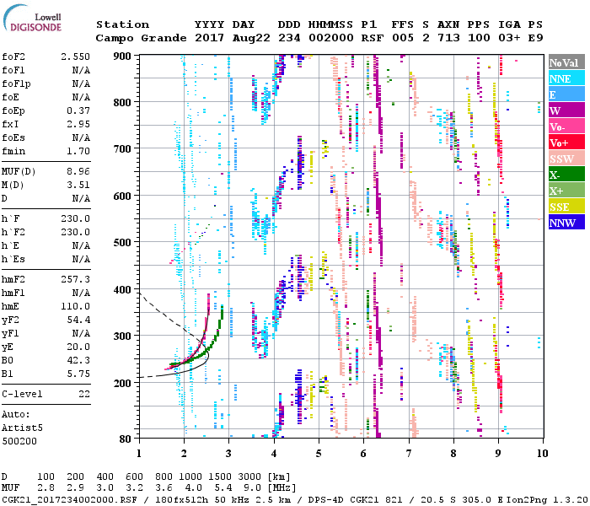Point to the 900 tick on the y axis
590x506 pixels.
pos(123,56)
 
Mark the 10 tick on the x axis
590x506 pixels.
pos(542,452)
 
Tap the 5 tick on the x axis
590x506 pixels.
pos(319,452)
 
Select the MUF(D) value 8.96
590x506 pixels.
pos(78,172)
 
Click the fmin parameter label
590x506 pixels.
pos(14,151)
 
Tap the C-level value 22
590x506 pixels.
pos(83,394)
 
